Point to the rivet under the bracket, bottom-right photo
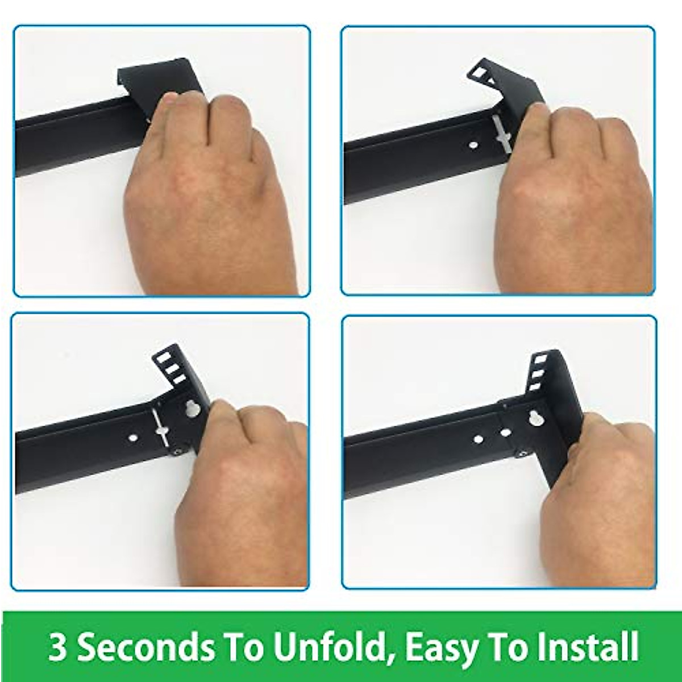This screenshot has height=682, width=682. (x=521, y=454)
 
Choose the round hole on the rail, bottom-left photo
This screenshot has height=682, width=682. (x=132, y=438)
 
